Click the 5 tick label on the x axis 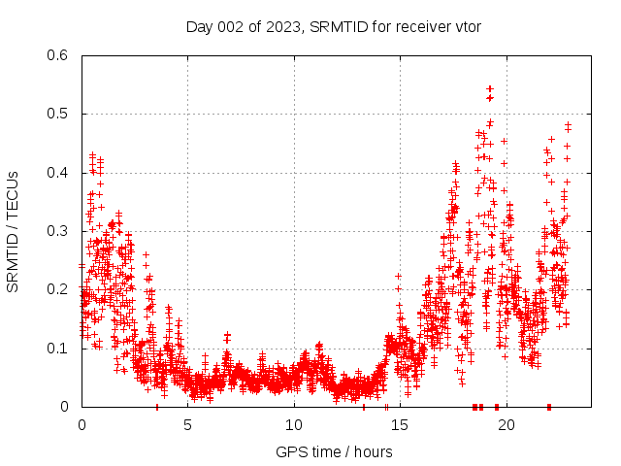[188, 424]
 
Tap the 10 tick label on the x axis [294, 424]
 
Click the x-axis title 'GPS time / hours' [334, 451]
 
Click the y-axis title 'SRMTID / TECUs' [13, 231]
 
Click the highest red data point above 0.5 [490, 88]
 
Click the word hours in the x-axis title [373, 451]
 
